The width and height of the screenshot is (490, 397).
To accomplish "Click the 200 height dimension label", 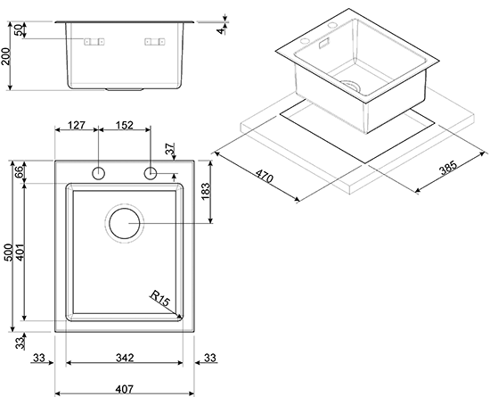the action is tap(6, 56).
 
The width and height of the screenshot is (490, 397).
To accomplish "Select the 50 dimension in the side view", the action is tap(19, 30).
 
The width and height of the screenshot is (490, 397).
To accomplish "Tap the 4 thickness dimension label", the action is tap(221, 30).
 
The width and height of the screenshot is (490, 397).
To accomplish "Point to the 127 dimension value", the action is tap(77, 125).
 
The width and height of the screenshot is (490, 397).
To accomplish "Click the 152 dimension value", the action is tap(125, 125).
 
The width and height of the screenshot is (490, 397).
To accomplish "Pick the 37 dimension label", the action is tap(169, 149).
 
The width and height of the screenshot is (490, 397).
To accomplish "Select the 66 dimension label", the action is tap(19, 172).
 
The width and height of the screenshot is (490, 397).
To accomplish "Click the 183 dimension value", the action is tap(206, 192).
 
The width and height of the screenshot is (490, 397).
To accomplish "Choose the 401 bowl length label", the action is tap(20, 252).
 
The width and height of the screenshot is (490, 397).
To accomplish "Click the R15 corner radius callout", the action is tap(159, 299).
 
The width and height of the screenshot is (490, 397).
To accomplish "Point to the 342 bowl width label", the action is tap(125, 358).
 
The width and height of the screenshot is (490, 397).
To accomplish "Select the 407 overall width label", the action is tap(125, 389).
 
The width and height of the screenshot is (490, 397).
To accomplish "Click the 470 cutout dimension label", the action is tap(265, 176).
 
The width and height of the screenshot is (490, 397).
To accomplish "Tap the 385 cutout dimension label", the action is tap(448, 168).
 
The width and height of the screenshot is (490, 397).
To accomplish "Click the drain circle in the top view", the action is tap(125, 224).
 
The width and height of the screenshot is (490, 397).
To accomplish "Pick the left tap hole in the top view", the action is tap(98, 173).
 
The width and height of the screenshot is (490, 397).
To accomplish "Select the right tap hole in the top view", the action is tap(151, 173).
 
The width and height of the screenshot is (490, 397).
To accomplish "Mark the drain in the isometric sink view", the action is tap(350, 85).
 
